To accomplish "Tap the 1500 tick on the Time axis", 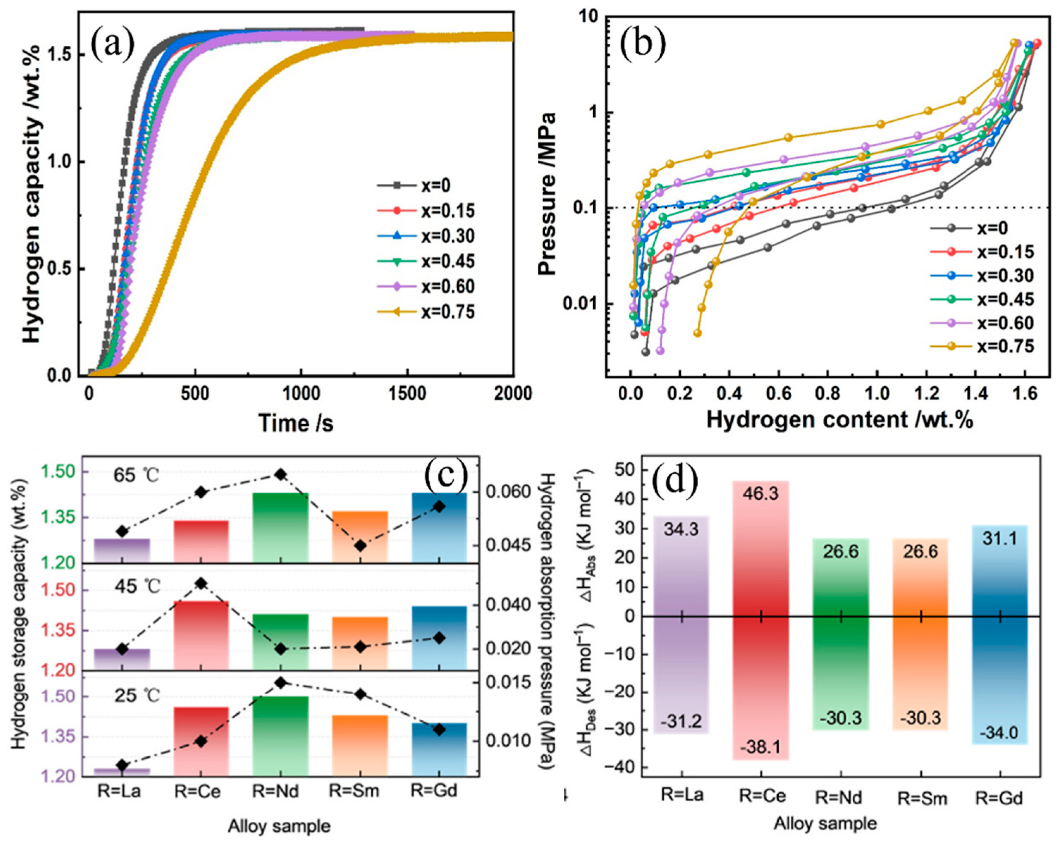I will pos(405,393).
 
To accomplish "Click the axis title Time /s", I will pos(296,422).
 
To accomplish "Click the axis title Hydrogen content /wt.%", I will pos(839,420).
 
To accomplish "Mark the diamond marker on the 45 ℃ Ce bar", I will pos(201,583).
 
